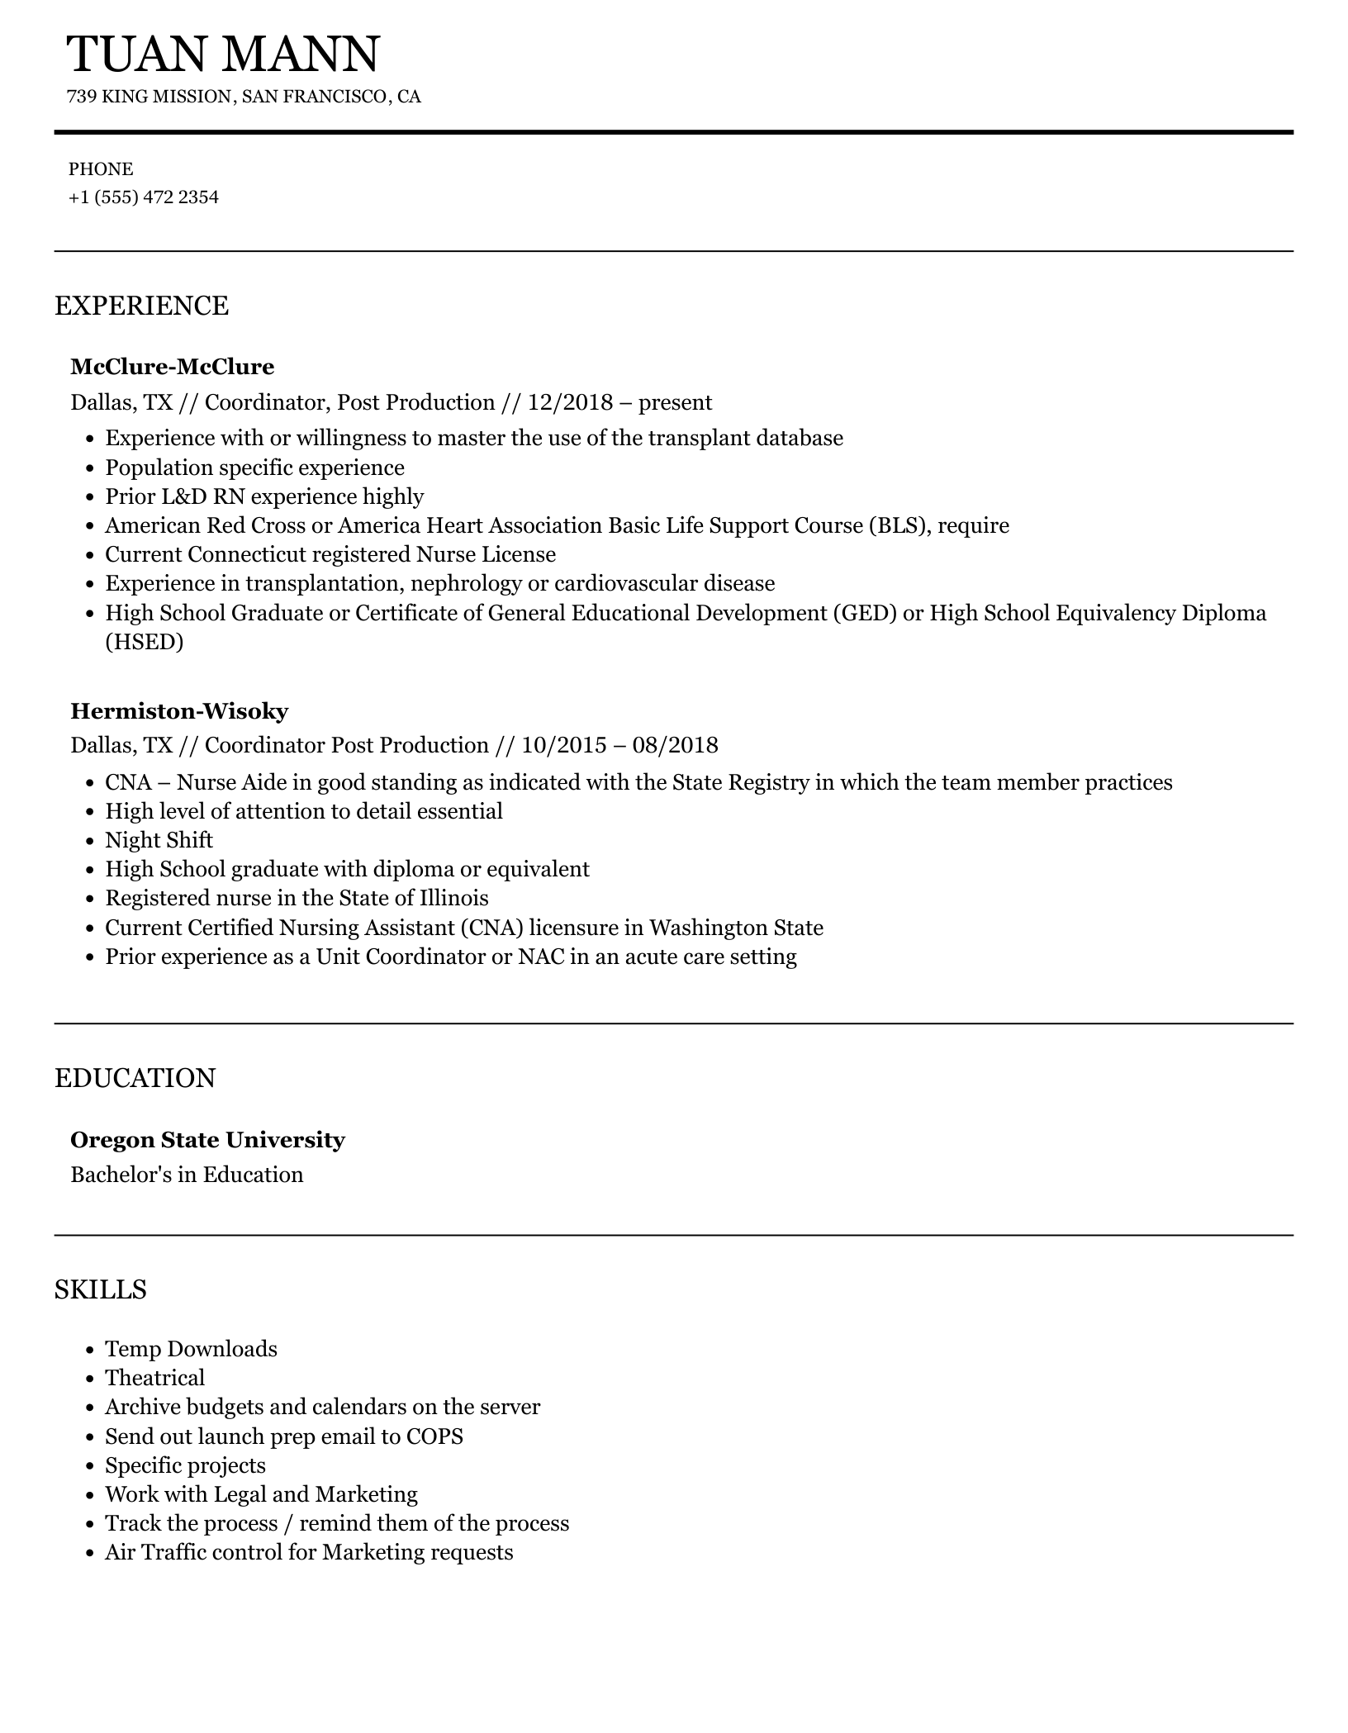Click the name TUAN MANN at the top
(222, 55)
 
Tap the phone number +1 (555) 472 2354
(143, 197)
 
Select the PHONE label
(100, 169)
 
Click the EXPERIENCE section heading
(141, 306)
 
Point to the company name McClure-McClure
(172, 367)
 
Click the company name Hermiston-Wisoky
(179, 710)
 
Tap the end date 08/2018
(675, 746)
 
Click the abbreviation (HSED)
(144, 642)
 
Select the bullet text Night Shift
(159, 840)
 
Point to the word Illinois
(453, 899)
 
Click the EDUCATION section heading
(135, 1079)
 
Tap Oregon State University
(207, 1140)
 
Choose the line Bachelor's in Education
(187, 1175)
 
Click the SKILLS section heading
(100, 1289)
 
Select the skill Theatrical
(154, 1378)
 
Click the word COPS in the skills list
(434, 1436)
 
